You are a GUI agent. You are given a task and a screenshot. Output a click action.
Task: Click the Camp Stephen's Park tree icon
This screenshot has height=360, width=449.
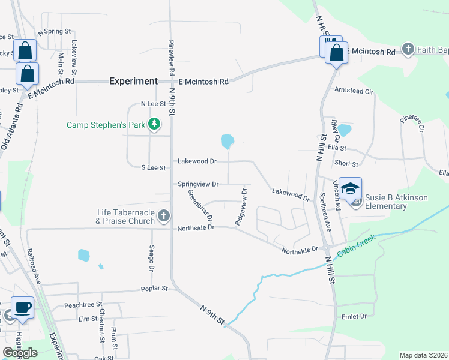155,124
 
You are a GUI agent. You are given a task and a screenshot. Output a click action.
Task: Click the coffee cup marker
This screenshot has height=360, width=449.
23,308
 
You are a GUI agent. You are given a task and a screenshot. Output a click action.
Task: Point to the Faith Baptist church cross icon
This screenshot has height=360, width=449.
408,49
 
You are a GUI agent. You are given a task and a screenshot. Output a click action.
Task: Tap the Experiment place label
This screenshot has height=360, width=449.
133,81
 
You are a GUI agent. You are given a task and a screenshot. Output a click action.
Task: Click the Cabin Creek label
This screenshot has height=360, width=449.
356,246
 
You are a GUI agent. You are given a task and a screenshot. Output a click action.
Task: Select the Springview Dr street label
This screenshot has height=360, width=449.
198,184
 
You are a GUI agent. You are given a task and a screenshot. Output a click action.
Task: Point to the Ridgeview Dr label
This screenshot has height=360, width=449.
241,207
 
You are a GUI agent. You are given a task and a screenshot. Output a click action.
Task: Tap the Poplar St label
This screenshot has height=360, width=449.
154,289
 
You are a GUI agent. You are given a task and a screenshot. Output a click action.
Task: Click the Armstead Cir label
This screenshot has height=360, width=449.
354,91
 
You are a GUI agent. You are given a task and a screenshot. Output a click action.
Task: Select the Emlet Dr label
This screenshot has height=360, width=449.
354,316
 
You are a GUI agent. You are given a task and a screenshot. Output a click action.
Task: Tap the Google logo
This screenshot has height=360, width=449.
20,353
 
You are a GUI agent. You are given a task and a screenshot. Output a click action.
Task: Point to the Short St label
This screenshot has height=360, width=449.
346,164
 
